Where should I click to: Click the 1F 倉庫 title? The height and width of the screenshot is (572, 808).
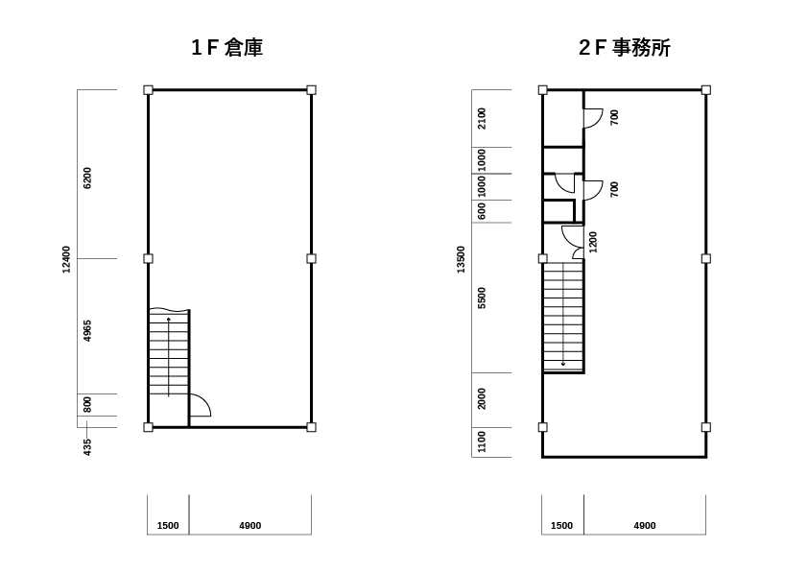tap(227, 47)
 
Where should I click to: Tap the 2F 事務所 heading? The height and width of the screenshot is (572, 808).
tap(625, 47)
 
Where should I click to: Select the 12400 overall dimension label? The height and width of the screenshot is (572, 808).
tap(66, 259)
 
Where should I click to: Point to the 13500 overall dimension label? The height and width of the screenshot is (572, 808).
tap(461, 259)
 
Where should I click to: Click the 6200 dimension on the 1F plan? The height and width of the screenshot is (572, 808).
tap(87, 178)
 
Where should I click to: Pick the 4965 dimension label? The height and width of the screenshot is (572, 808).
tap(87, 330)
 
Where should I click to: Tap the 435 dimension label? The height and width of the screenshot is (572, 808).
tap(87, 447)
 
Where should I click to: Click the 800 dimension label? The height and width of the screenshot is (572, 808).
tap(87, 404)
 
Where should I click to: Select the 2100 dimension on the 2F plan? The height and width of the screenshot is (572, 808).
tap(482, 118)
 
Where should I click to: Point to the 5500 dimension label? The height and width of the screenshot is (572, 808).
tap(482, 298)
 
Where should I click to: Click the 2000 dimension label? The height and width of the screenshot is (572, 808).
tap(482, 399)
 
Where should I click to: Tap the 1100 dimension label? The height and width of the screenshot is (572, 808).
tap(482, 441)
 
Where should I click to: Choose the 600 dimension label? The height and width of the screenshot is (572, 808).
tap(482, 211)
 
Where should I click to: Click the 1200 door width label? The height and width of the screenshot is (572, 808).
tap(593, 242)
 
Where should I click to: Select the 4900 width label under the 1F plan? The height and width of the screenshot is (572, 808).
tap(250, 526)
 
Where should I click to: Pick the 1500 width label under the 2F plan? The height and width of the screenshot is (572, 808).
tap(561, 526)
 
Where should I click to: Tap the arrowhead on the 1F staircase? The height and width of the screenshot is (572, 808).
tap(169, 320)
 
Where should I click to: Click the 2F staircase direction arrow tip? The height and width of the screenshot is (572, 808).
tap(563, 365)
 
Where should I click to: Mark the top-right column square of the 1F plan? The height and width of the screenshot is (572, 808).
tap(311, 90)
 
